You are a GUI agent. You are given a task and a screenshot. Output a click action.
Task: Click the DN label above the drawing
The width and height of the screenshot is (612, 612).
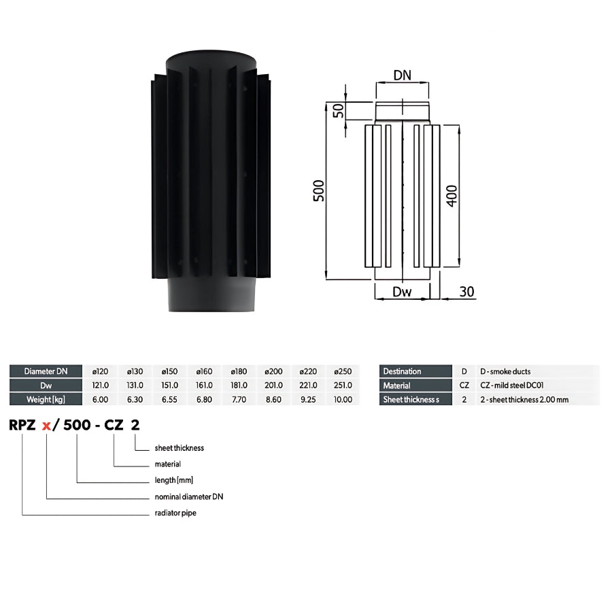click(402, 75)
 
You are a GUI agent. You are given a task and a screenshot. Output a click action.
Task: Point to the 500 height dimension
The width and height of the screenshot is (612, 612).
click(319, 191)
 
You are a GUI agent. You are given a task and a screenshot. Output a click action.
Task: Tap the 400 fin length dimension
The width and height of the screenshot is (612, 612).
click(452, 196)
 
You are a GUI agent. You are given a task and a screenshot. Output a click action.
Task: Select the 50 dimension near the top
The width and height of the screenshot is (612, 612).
click(339, 110)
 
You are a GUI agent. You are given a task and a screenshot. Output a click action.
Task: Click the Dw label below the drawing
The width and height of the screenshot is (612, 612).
click(402, 292)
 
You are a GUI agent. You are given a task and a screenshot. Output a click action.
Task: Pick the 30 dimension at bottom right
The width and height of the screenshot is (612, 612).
click(466, 292)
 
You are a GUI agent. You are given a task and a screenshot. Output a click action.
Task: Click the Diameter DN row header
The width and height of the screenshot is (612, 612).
click(46, 371)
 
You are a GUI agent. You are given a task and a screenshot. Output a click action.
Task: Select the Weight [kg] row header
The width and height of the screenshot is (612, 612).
click(46, 399)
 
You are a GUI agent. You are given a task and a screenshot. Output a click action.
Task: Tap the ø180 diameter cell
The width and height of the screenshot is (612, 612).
click(239, 371)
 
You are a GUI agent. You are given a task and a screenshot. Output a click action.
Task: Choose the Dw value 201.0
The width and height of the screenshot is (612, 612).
click(273, 386)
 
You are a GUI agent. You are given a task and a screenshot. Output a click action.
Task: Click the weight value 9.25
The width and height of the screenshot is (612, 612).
click(308, 399)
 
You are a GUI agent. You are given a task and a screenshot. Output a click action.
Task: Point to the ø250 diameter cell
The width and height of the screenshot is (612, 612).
click(343, 371)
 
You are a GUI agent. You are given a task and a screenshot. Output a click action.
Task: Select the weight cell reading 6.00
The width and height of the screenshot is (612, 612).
click(101, 399)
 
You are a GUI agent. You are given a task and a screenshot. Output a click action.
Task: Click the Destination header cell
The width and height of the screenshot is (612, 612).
click(415, 371)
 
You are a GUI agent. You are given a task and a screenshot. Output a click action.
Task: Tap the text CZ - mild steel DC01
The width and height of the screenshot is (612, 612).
click(511, 386)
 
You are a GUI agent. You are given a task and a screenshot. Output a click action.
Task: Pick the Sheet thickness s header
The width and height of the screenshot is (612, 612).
click(415, 399)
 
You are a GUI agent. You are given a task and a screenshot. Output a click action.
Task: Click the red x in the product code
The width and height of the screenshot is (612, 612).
click(46, 426)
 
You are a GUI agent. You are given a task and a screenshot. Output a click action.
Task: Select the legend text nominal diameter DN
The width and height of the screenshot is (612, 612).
click(189, 496)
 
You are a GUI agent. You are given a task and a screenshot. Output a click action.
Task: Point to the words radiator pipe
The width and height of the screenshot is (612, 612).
click(175, 513)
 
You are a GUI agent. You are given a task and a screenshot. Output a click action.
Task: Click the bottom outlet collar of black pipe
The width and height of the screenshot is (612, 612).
click(211, 294)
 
